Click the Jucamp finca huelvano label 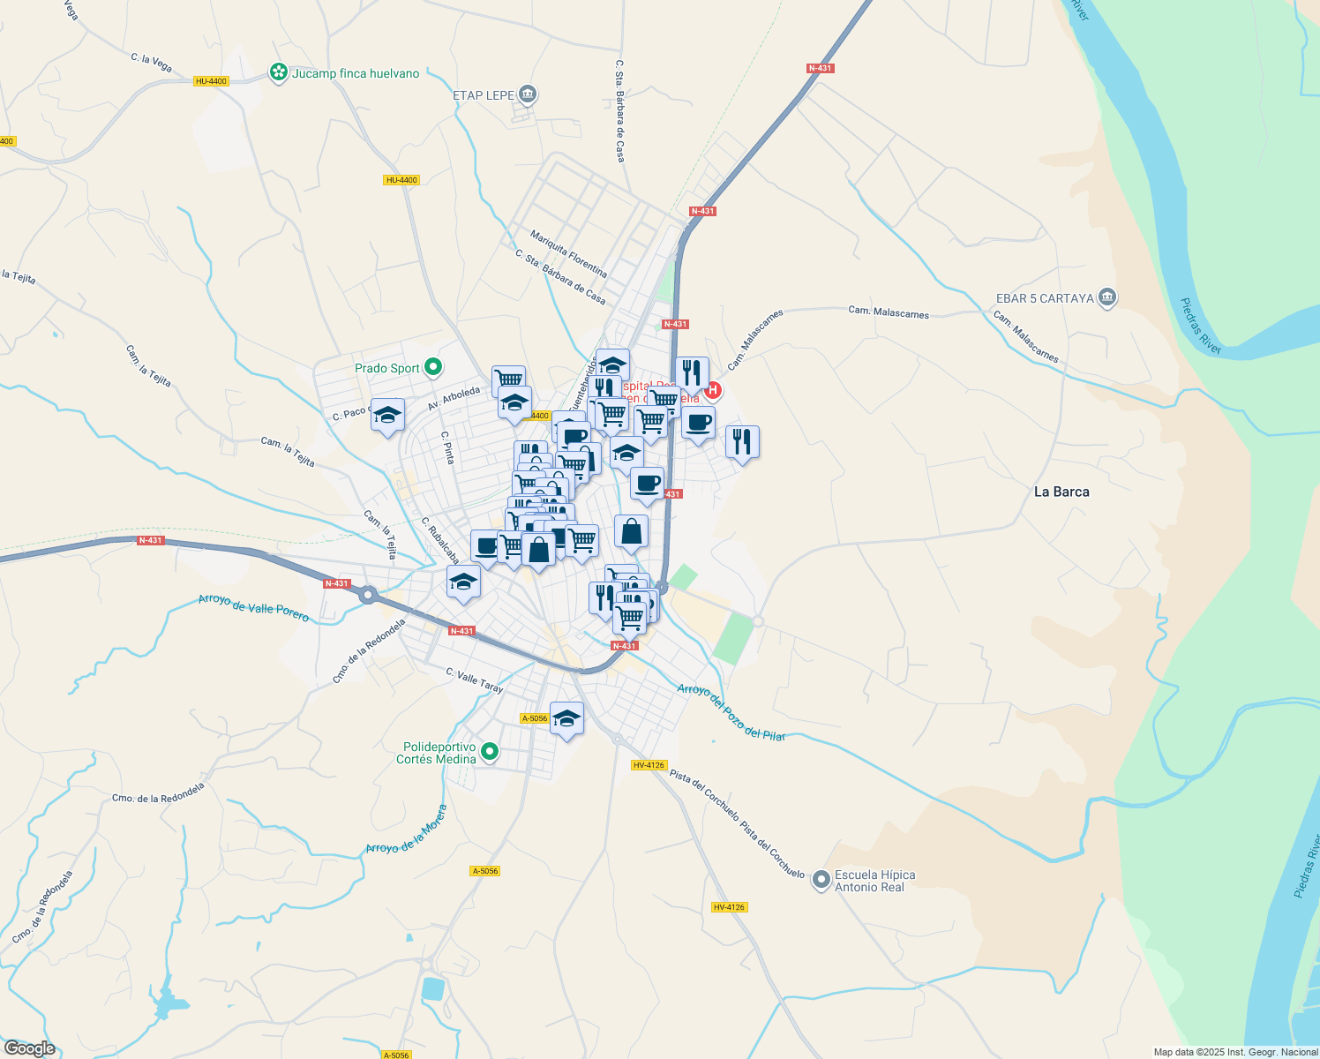coord(356,73)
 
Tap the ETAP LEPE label coord(483,95)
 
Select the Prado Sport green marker coord(433,367)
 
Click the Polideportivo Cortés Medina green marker coord(491,753)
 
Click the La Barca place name coord(1061,492)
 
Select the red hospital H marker coord(713,389)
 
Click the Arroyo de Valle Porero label coord(254,607)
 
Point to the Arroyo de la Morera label coord(407,830)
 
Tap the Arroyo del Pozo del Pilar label coord(731,711)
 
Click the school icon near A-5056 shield coord(567,719)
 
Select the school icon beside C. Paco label coord(387,416)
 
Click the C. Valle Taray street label coord(475,680)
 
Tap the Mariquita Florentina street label coord(568,253)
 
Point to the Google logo coord(29,1048)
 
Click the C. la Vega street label coord(151,62)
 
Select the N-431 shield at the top coord(820,68)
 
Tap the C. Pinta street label coord(447,447)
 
